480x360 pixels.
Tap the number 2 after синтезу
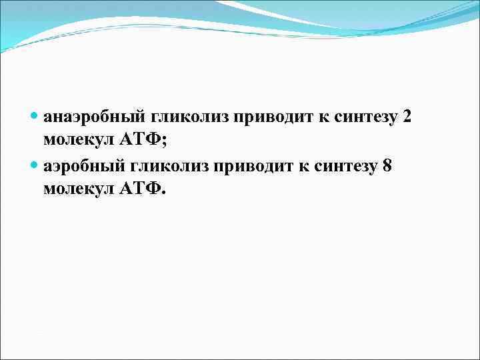point(407,117)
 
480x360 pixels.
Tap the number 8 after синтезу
point(387,165)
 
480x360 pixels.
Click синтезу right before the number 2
point(366,117)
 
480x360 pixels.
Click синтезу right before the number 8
point(345,165)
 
